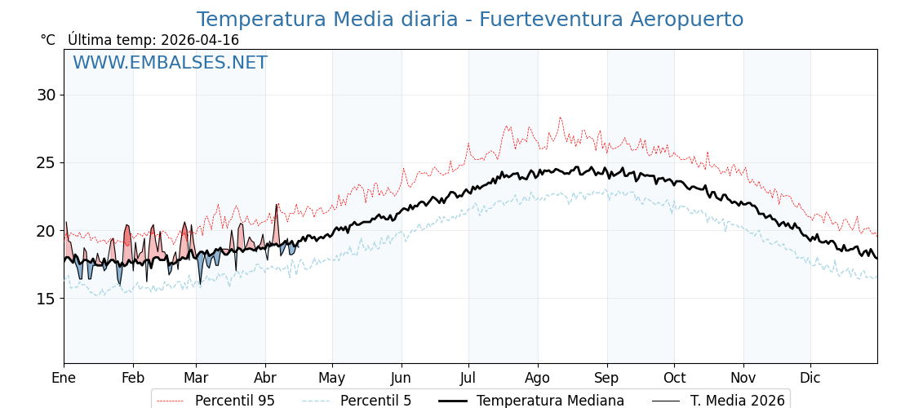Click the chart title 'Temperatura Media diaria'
[469, 20]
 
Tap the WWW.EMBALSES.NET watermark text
[170, 64]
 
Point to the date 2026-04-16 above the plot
[200, 40]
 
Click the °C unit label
[48, 40]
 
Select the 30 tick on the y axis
[46, 95]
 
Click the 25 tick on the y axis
[46, 162]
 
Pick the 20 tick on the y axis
[46, 231]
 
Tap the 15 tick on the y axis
[46, 299]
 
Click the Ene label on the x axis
[64, 378]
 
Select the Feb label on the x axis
[133, 378]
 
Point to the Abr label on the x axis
[265, 378]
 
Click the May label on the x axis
[332, 378]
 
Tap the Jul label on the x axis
[468, 378]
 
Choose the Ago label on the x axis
[538, 378]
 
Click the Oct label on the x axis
[674, 378]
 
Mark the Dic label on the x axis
[810, 378]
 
